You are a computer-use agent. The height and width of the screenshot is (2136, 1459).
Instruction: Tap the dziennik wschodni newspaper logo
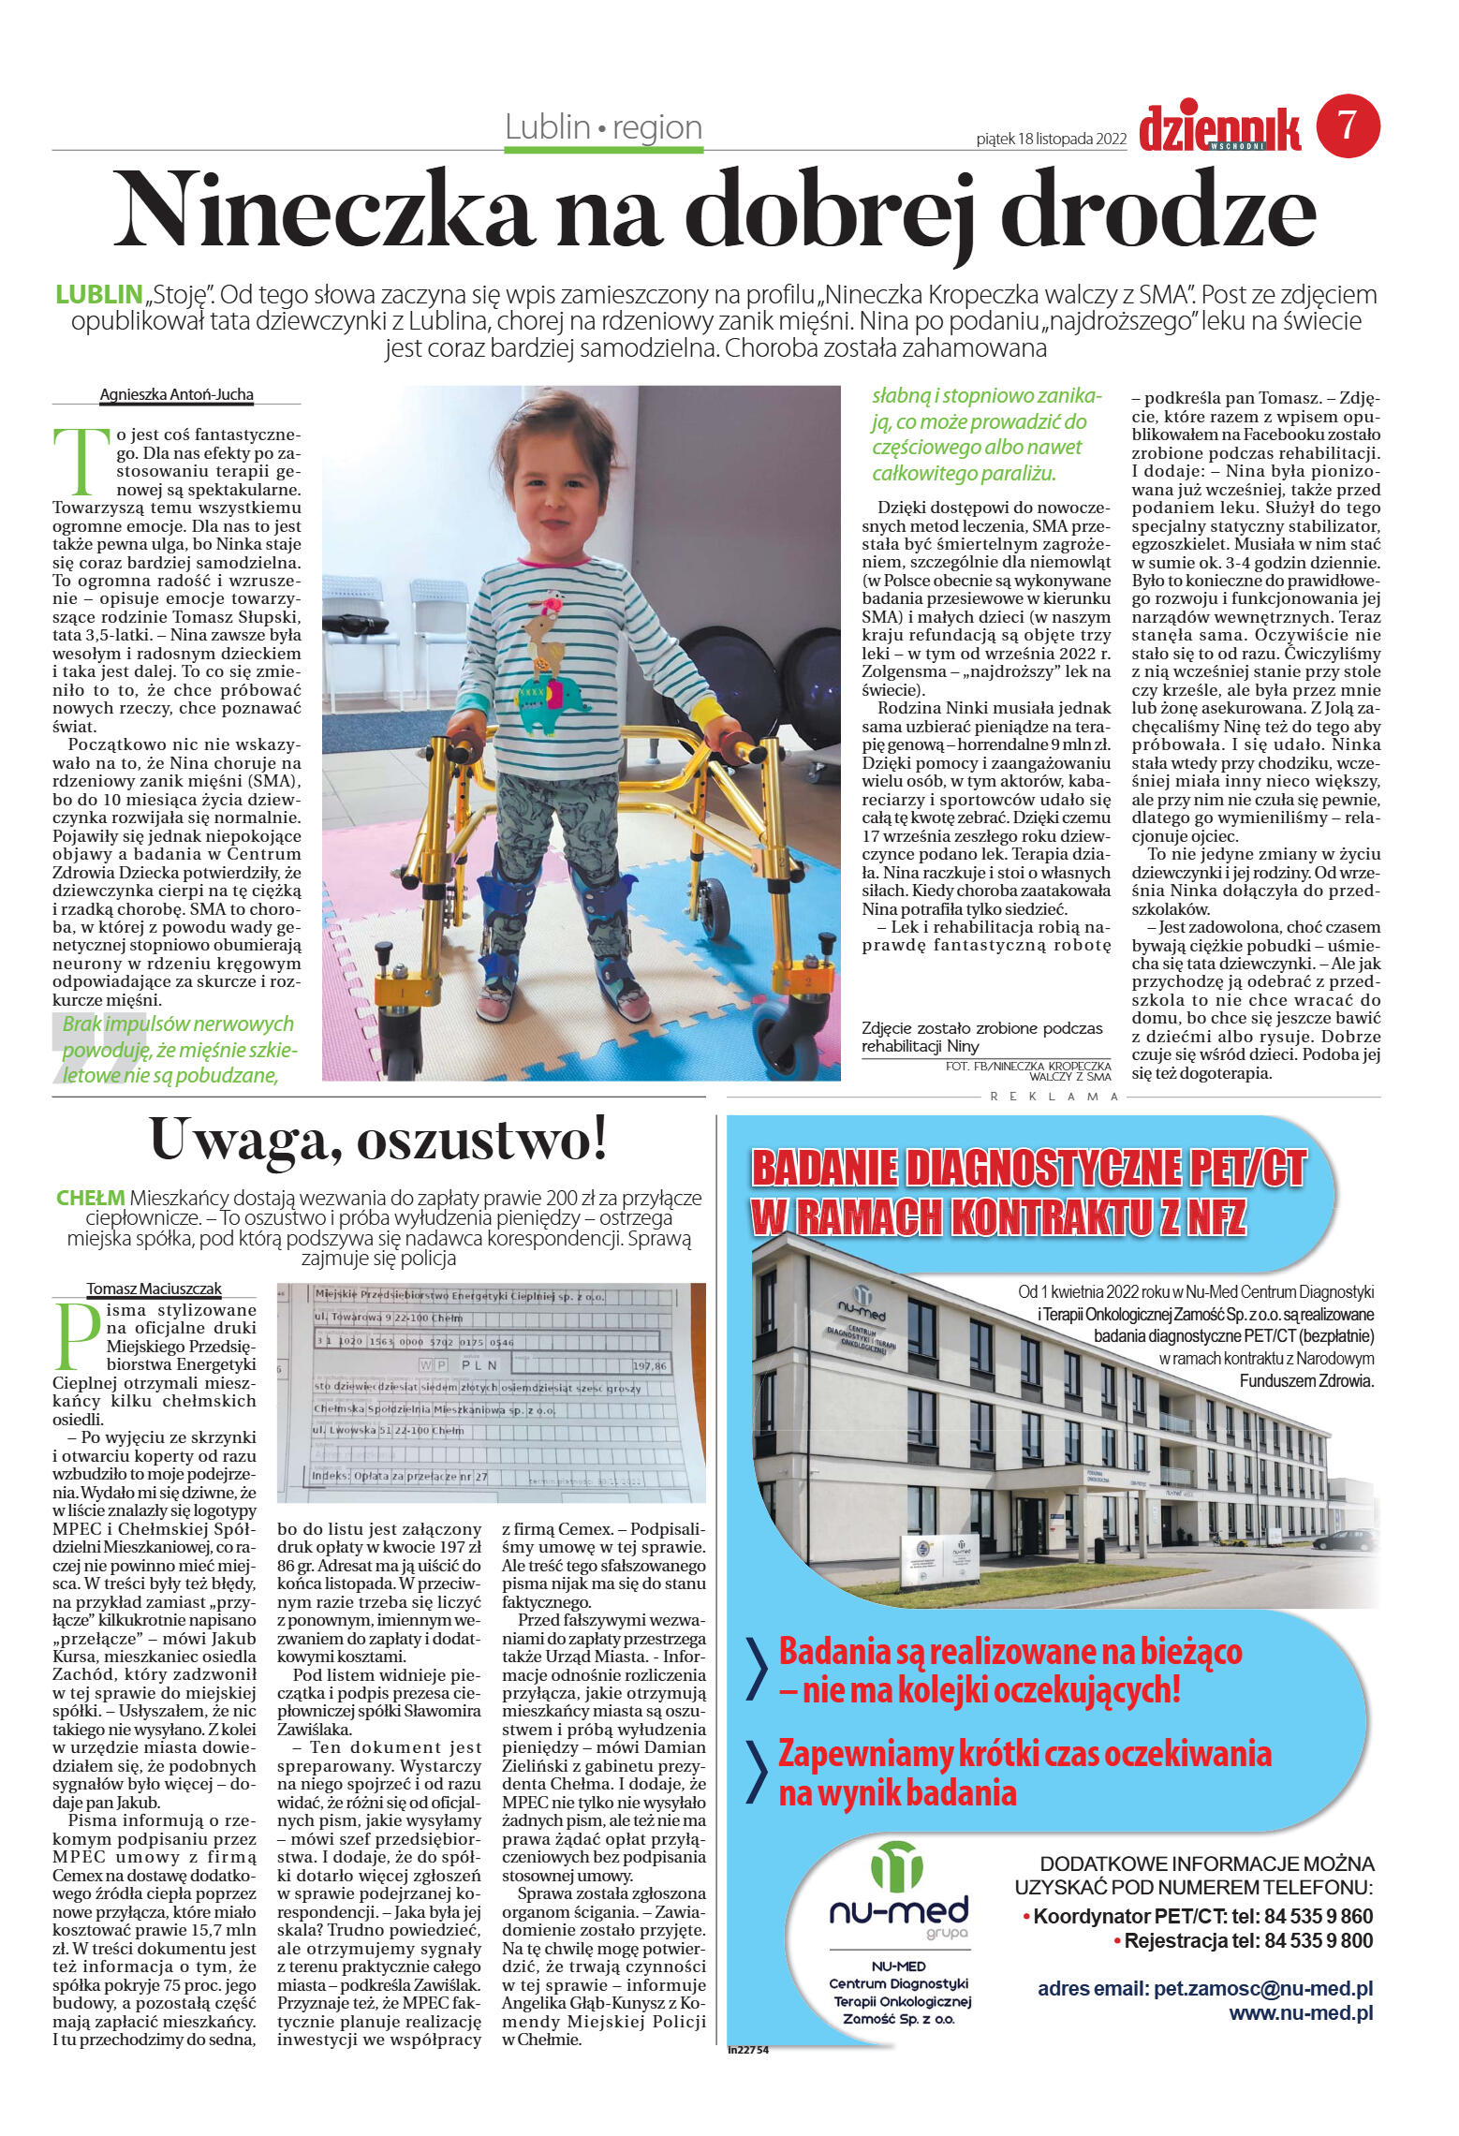1219,129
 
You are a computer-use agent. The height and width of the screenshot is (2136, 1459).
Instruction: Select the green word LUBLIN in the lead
98,295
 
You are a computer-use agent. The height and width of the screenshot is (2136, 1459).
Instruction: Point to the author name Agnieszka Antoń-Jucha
176,395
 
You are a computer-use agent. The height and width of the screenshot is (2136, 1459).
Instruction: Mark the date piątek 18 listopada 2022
1051,140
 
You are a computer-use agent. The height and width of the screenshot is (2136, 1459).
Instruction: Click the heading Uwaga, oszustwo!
378,1140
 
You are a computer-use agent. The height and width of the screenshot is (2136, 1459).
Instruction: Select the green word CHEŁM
90,1198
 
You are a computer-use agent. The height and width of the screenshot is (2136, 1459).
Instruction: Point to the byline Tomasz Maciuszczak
154,1289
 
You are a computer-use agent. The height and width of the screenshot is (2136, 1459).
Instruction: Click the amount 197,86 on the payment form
649,1366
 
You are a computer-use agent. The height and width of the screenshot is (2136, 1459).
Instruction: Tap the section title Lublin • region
603,127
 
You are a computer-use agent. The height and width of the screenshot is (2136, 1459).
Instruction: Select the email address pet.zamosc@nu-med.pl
1262,1988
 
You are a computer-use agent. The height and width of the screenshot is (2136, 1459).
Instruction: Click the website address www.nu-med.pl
1300,2012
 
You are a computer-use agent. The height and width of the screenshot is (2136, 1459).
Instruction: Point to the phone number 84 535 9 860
1318,1916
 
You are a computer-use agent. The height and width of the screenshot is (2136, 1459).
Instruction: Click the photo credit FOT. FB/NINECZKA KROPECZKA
1027,1067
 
